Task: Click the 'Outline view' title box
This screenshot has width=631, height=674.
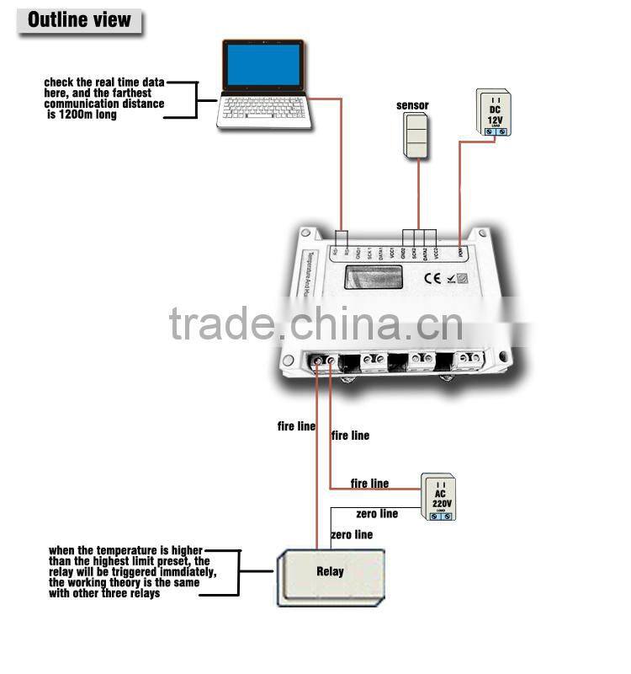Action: [79, 19]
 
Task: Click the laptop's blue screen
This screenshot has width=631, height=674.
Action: [263, 66]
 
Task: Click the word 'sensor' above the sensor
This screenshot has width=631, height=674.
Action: [412, 105]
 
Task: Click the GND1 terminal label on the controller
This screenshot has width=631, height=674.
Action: [357, 252]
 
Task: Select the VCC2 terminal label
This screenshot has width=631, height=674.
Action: [435, 252]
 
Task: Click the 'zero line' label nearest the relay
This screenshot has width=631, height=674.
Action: [352, 535]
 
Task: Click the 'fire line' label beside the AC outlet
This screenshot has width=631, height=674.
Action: [370, 484]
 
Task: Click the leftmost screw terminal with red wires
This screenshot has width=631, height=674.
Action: [319, 361]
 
